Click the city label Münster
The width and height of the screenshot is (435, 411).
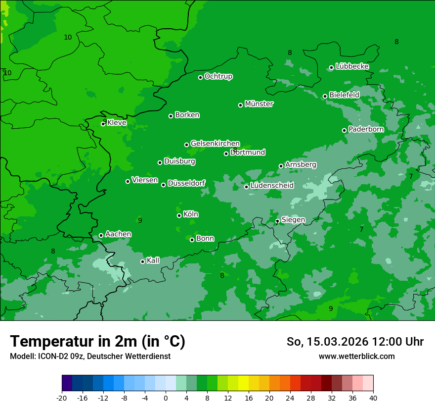[x=259, y=104]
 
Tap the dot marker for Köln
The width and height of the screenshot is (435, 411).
[x=179, y=215]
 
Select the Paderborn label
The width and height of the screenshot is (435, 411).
[x=366, y=129]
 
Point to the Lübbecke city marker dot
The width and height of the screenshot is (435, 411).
[x=331, y=67]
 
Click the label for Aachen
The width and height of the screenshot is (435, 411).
[x=118, y=234]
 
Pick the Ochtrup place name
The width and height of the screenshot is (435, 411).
[x=218, y=76]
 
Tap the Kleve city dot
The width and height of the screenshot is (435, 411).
[x=103, y=124]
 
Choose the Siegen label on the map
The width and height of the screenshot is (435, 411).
[x=293, y=220]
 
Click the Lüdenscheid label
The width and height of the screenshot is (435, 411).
[x=272, y=186]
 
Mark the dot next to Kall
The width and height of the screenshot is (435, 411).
[x=142, y=261]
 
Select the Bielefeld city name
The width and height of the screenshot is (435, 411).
[x=344, y=95]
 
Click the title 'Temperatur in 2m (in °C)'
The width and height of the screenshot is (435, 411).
[x=97, y=342]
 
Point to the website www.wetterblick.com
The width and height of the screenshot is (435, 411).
[x=356, y=357]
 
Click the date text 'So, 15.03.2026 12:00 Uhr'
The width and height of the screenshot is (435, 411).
[x=355, y=342]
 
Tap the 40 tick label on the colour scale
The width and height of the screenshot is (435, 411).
[x=373, y=398]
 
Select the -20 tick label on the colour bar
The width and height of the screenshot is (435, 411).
[x=62, y=398]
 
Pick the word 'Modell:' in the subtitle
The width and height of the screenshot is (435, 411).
[x=22, y=357]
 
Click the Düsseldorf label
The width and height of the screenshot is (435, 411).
[x=186, y=184]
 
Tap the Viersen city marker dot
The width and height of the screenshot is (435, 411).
[x=128, y=181]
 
